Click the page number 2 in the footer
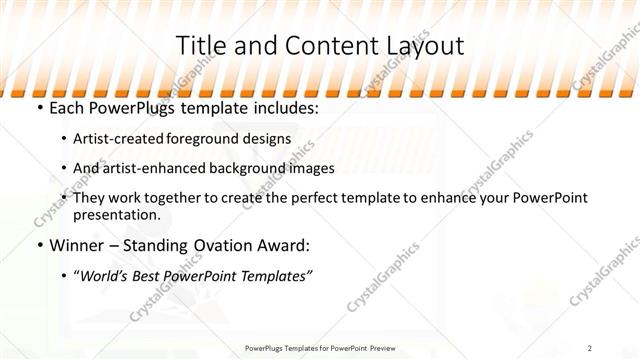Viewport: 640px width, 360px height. click(591, 347)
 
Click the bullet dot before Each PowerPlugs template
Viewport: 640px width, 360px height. click(39, 107)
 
